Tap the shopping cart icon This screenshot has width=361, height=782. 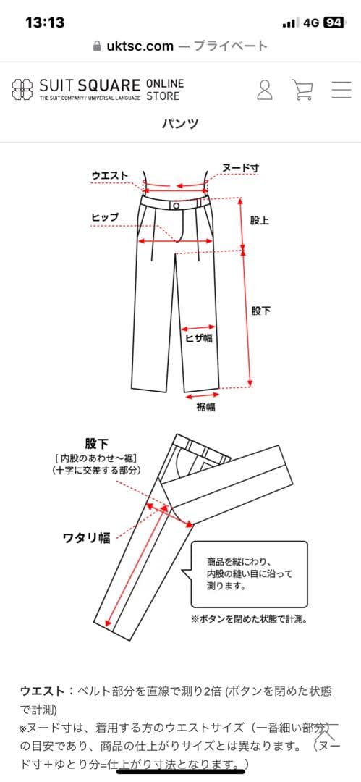coord(302,90)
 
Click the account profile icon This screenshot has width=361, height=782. coord(265,90)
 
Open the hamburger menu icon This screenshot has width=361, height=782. coord(341,90)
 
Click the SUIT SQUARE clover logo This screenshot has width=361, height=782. coord(23,90)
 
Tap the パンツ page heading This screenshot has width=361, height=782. coord(180,123)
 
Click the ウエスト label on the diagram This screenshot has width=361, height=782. coord(110,175)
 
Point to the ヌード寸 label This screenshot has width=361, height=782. coord(240,168)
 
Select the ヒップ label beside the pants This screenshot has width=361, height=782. coord(106,217)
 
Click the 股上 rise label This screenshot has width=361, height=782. coord(259,220)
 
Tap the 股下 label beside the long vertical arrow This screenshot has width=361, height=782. coord(261,311)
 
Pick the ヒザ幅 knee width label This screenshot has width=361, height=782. coord(199,338)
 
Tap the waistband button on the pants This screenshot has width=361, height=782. coord(176,206)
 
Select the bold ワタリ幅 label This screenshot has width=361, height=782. coord(86,538)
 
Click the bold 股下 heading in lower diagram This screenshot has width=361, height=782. coord(97,443)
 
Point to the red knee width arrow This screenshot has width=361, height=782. coord(198,329)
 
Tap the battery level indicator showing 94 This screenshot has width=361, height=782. coord(334,22)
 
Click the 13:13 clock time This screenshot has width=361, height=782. coord(45,22)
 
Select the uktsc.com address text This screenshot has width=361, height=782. coord(140,46)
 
